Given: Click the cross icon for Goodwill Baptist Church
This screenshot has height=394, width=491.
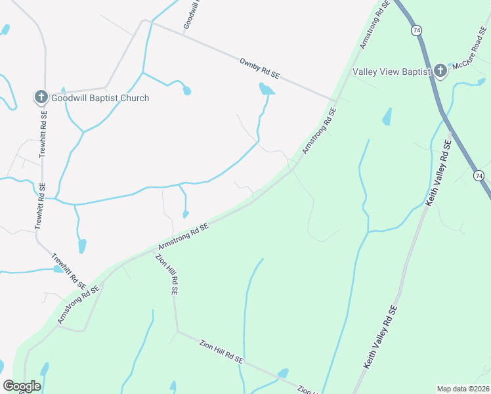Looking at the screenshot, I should coord(41,98).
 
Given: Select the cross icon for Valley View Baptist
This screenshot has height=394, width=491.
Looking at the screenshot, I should coord(440,71).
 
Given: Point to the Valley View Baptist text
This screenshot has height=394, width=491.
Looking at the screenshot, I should coord(391,71).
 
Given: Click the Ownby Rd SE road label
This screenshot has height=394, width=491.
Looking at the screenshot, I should coord(259,68).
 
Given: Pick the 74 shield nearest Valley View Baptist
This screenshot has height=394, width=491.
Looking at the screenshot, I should coord(416,30).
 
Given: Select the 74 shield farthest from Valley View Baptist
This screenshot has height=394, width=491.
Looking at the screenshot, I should coord(479,175).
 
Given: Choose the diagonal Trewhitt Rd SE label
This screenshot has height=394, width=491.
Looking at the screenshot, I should coord(68,271).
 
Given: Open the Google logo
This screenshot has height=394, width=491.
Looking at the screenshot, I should coord(22,386).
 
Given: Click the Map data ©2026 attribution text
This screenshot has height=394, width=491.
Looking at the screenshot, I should coord(462,389).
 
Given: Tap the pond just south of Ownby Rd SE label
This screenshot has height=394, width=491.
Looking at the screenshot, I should coord(266,89).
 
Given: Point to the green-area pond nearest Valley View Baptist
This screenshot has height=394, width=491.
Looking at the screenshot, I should coord(387,117).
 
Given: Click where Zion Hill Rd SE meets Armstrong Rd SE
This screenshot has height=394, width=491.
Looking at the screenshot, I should coord(152,249).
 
